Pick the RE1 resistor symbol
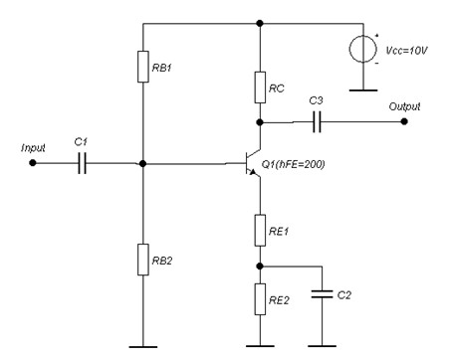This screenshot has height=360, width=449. pyautogui.click(x=259, y=228)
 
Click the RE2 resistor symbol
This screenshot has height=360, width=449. pyautogui.click(x=259, y=295)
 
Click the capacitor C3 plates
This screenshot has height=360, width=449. pyautogui.click(x=317, y=122)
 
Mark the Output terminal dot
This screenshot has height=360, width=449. pyautogui.click(x=403, y=122)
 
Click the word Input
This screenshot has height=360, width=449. pyautogui.click(x=35, y=147)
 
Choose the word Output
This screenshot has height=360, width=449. pyautogui.click(x=404, y=105)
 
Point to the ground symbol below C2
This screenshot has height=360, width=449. pyautogui.click(x=322, y=346)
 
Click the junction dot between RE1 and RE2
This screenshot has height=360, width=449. pyautogui.click(x=259, y=266)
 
